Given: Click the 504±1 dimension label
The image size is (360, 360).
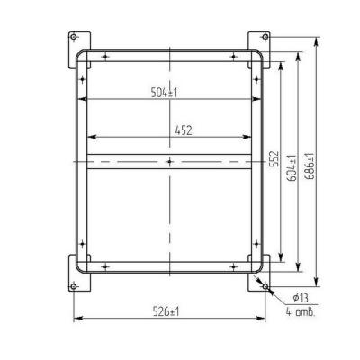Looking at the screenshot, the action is (164, 92).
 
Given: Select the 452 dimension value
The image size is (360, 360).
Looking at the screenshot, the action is (184, 130).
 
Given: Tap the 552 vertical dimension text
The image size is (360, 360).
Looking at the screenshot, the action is (274, 158).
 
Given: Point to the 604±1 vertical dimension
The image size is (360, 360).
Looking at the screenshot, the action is (292, 168).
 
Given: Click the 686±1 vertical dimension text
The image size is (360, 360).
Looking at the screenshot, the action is (310, 166).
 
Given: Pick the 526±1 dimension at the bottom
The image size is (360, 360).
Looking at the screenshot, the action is (166, 312).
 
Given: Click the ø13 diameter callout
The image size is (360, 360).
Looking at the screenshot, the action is (301, 298).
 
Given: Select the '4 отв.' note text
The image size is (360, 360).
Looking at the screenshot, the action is (301, 312).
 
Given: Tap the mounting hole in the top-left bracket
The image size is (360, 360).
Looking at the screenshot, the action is (73, 37).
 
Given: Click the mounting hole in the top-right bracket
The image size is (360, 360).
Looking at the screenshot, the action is (265, 37).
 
